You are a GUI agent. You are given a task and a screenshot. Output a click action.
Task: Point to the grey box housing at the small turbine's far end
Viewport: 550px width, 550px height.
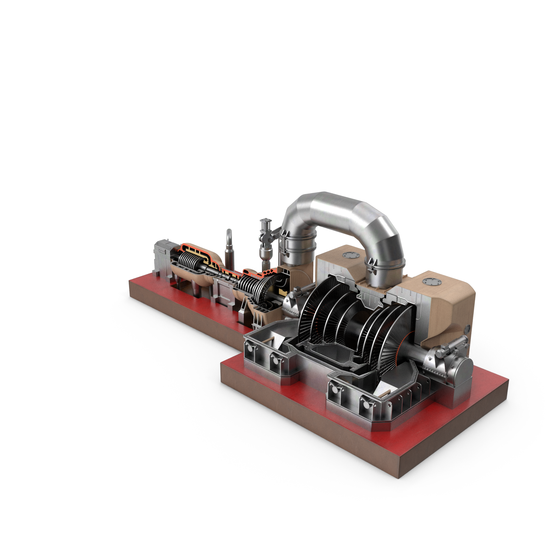(x=162, y=258)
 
